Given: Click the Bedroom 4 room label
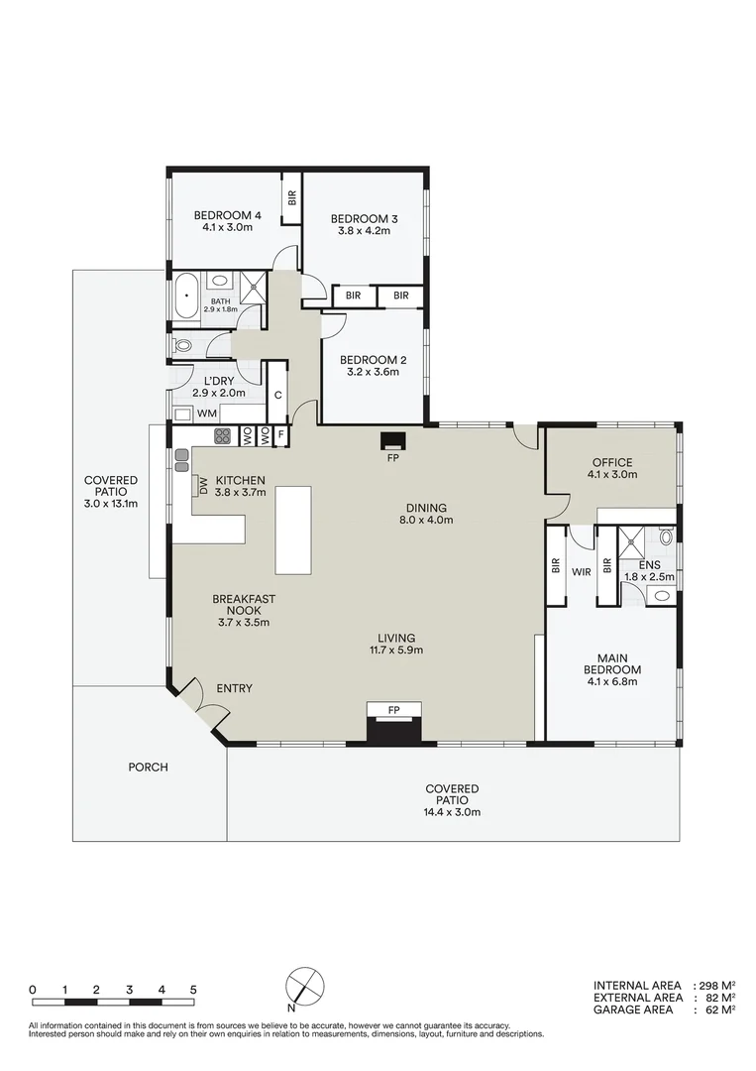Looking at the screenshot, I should click(227, 214).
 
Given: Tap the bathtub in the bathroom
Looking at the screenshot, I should click(186, 297).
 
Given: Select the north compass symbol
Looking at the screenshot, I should click(305, 987).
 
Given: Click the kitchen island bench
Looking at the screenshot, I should click(293, 529).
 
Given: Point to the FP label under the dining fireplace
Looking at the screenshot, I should click(393, 459).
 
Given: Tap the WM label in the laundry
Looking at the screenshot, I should click(207, 413).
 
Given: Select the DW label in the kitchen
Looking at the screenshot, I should click(204, 485).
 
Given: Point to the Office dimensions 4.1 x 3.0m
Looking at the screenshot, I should click(611, 475).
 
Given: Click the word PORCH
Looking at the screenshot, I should click(148, 767).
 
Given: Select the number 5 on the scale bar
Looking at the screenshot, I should click(193, 990).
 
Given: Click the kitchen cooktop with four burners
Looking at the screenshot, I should click(222, 435).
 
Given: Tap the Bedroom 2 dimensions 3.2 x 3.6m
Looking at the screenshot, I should click(369, 373).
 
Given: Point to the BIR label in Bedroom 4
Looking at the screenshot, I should click(292, 197).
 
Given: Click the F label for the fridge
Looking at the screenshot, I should click(281, 435).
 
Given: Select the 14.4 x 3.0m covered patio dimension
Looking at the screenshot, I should click(452, 812).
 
